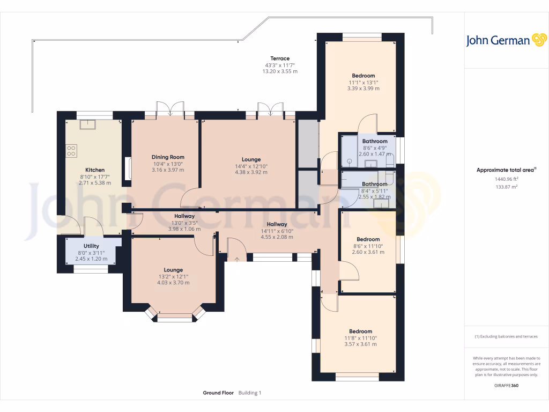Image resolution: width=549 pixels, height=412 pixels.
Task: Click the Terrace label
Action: (x=280, y=58)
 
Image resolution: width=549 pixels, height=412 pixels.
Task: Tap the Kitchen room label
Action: (x=95, y=170)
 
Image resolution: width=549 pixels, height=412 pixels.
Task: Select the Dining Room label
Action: (x=168, y=157)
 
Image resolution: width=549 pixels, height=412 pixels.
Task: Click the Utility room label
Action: (x=91, y=246)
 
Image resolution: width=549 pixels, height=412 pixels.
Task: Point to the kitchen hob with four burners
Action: (x=71, y=151)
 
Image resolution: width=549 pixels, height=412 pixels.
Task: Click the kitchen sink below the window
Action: (x=87, y=124)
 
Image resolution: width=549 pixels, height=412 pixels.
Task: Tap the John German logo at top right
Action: (x=506, y=40)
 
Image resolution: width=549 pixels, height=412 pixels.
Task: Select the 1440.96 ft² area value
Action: (x=506, y=179)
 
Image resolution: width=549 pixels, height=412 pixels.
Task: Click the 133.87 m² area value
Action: (x=506, y=187)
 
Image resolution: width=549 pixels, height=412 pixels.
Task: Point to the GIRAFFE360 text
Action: (x=506, y=385)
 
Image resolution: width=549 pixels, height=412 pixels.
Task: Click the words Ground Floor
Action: (x=218, y=393)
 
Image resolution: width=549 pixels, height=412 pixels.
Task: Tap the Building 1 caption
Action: (x=250, y=393)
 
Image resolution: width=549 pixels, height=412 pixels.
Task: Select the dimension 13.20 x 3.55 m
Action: (x=280, y=71)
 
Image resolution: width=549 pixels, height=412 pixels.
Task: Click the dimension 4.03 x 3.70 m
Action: (x=173, y=283)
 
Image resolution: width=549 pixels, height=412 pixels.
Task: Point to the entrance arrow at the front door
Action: (x=237, y=259)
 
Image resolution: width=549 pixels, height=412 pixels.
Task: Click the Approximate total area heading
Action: (x=506, y=170)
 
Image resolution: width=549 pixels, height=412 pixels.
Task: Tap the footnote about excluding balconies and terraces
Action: (x=506, y=337)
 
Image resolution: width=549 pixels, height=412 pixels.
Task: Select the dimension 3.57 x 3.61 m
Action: (x=361, y=344)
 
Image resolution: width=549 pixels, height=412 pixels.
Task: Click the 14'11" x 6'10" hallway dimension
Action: (x=277, y=231)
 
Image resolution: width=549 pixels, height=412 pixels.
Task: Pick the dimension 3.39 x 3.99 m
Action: (x=363, y=89)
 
